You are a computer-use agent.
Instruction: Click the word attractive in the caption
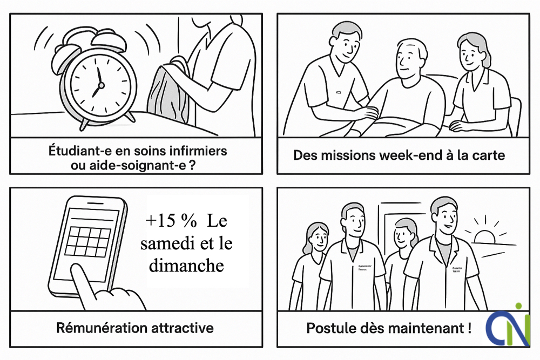pyautogui.click(x=183, y=328)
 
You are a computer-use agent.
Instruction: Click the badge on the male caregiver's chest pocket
pyautogui.click(x=338, y=94)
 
